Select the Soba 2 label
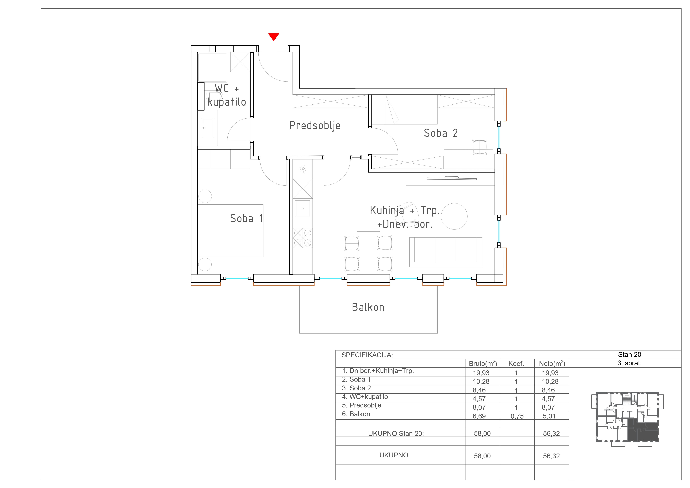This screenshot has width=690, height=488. (441, 133)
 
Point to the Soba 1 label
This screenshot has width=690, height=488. (246, 218)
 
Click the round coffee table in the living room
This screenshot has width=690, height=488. (454, 216)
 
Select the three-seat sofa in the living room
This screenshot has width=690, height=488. (445, 252)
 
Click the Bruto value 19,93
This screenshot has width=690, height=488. (481, 373)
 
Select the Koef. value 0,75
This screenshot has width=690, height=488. (517, 416)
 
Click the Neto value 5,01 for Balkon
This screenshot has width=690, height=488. (549, 416)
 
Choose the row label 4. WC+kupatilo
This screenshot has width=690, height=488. (365, 397)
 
